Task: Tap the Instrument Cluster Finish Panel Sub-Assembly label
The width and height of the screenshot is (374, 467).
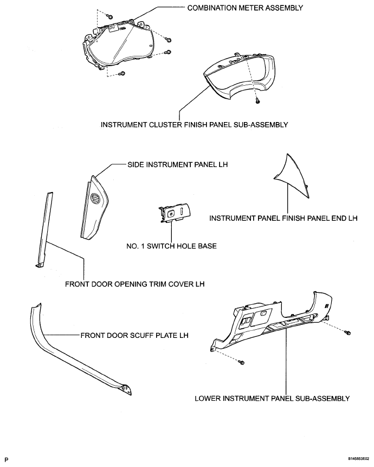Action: pos(194,125)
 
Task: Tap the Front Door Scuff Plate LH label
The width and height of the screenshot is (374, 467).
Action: pos(134,335)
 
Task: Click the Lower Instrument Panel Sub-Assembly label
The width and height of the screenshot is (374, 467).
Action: pos(272,398)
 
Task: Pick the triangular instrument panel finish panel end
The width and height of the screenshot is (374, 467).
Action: pos(293,175)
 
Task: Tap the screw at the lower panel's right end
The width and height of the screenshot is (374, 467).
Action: pos(348,332)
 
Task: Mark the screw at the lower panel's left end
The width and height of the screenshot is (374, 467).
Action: pos(242,362)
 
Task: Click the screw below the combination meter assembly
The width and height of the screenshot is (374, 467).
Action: pos(123,74)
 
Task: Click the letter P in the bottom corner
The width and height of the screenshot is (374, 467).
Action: pos(7,459)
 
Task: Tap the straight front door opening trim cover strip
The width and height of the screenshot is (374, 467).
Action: pos(45,228)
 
